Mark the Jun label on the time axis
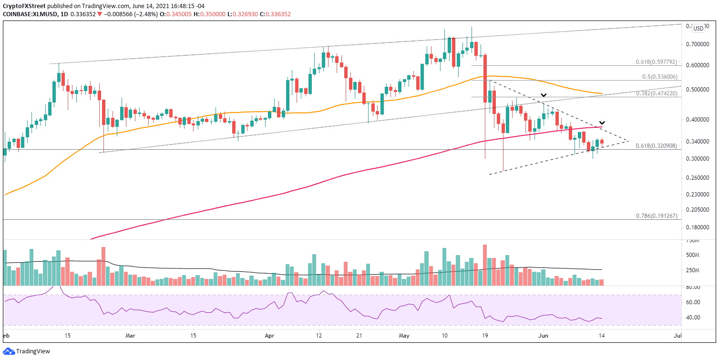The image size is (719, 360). [543, 336]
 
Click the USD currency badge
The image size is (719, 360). [698, 29]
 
